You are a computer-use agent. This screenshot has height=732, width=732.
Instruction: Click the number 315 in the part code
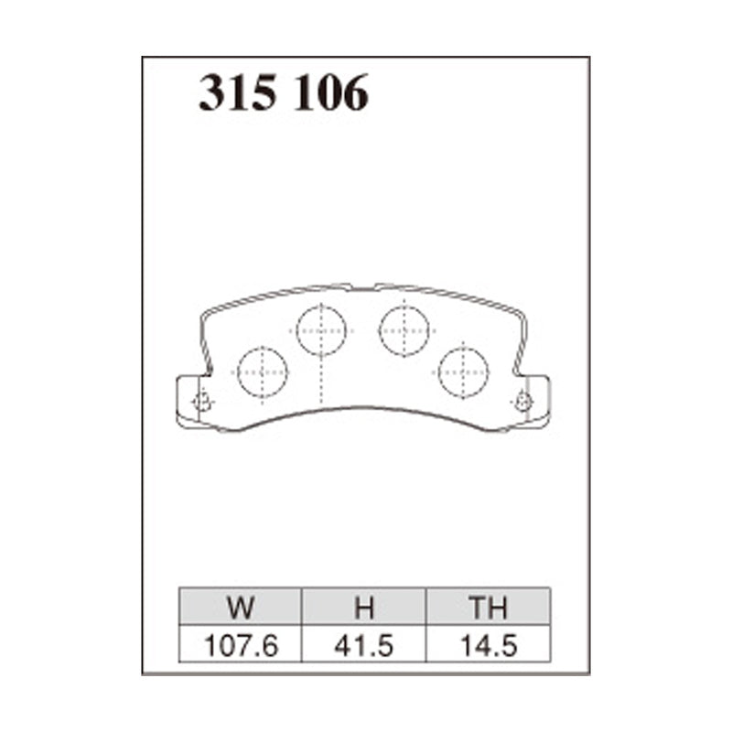coord(240,93)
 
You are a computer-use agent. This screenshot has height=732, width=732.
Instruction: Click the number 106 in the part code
coord(331,93)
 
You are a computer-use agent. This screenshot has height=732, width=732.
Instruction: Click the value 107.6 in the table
coord(242,645)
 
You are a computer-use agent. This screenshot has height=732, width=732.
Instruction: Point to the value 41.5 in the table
coord(364,645)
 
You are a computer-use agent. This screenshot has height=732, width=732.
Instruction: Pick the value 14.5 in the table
coord(488,645)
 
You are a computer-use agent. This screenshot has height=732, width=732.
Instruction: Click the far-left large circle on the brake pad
coord(262,371)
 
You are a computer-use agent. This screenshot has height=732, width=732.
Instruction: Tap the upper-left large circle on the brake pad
coord(322,329)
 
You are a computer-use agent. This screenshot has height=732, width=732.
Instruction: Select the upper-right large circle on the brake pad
coord(404,328)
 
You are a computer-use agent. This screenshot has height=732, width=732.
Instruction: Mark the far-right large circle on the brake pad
coord(463,371)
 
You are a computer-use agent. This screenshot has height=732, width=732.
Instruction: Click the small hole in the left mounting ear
coord(202,403)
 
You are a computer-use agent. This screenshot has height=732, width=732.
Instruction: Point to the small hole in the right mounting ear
coord(523,401)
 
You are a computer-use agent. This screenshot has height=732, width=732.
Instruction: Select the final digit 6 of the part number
coord(355,93)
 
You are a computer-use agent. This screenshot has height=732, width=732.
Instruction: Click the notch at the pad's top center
coord(363,285)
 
